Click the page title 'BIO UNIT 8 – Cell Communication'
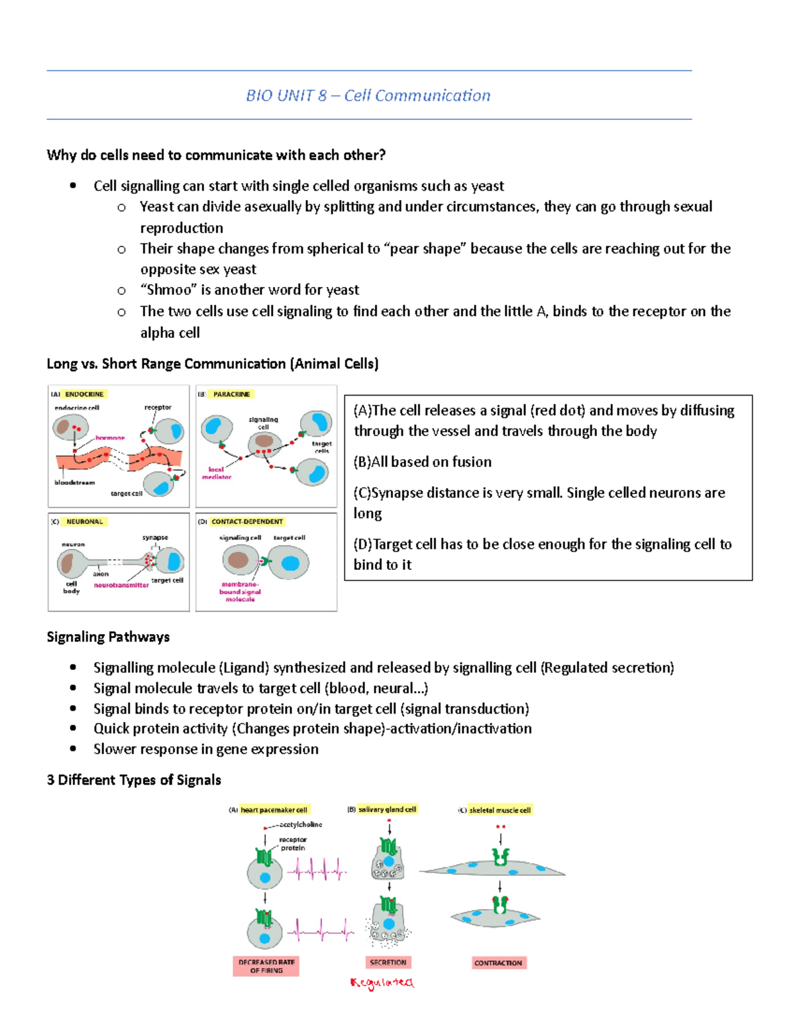click(368, 95)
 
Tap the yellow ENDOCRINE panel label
click(84, 394)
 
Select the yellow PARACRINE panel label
click(231, 394)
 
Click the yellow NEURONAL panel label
click(85, 521)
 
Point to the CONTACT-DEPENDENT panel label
click(247, 521)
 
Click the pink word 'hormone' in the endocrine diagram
click(110, 437)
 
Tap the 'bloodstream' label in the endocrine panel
click(74, 482)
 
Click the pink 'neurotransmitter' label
click(121, 585)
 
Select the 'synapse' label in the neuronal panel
click(155, 537)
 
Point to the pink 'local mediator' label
click(217, 473)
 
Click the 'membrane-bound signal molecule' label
click(240, 592)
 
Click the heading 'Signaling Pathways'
click(108, 637)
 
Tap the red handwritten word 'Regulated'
click(382, 983)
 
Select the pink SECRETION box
click(388, 962)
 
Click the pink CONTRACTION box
click(498, 963)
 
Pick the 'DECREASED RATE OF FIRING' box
click(266, 966)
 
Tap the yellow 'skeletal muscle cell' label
click(500, 810)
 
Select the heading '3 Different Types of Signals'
click(134, 780)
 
